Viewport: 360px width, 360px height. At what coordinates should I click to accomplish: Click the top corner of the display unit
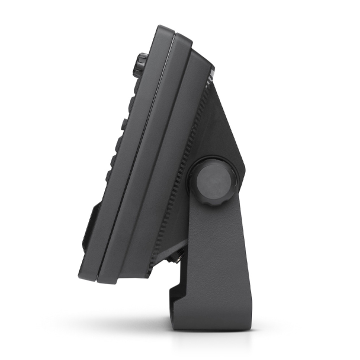[162, 27]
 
